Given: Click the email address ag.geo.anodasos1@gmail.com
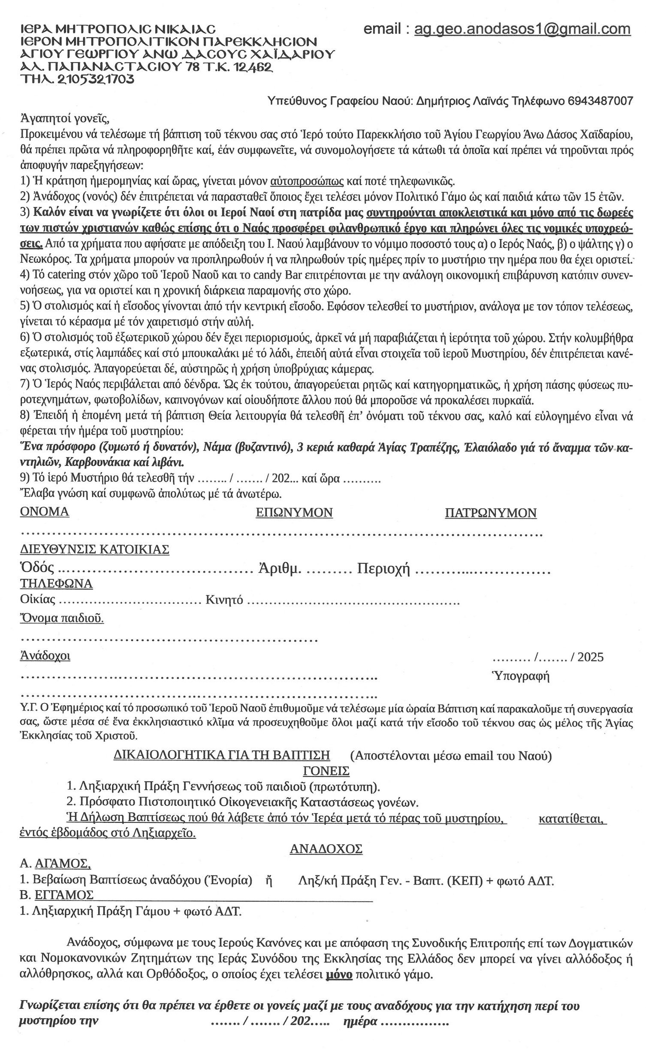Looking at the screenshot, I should pyautogui.click(x=522, y=29).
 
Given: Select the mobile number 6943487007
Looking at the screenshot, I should pyautogui.click(x=600, y=101).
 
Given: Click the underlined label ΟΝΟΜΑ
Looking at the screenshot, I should pyautogui.click(x=45, y=512).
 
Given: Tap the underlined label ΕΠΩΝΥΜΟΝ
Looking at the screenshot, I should pyautogui.click(x=294, y=513).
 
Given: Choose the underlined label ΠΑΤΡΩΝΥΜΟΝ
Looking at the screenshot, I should pyautogui.click(x=491, y=513).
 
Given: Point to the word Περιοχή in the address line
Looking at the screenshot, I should pyautogui.click(x=384, y=569).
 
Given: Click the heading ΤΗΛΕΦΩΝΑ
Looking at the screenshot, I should pyautogui.click(x=57, y=584).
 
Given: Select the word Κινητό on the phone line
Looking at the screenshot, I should pyautogui.click(x=224, y=600).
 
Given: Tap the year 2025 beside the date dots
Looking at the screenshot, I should pyautogui.click(x=590, y=657).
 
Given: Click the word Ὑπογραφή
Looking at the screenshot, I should pyautogui.click(x=520, y=676).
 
